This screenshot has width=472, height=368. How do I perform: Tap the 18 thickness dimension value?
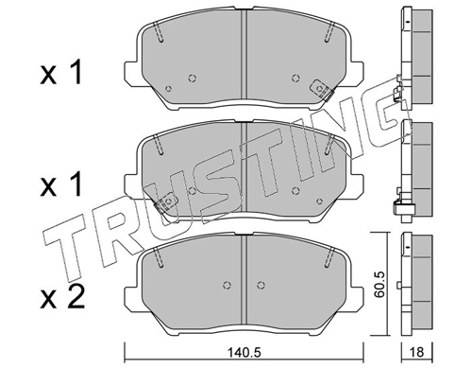417,352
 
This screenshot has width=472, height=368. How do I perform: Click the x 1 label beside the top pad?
61,73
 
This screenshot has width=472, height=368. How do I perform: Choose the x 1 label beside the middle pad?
61,184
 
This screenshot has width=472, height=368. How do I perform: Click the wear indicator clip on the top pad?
322,89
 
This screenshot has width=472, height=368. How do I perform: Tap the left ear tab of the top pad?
131,73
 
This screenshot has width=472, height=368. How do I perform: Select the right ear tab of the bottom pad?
356,298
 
